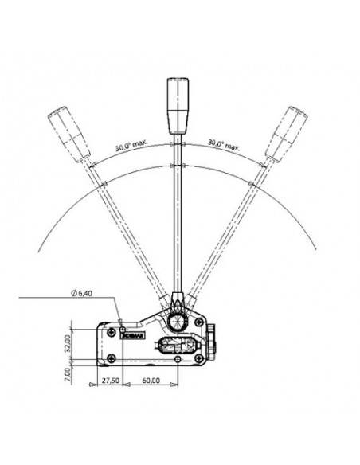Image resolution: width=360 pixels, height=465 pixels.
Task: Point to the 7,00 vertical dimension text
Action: coord(70,371)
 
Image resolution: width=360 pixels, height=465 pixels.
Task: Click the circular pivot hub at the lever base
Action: coord(178,320)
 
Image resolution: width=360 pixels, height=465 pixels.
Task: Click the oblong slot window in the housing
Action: coord(175,346)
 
